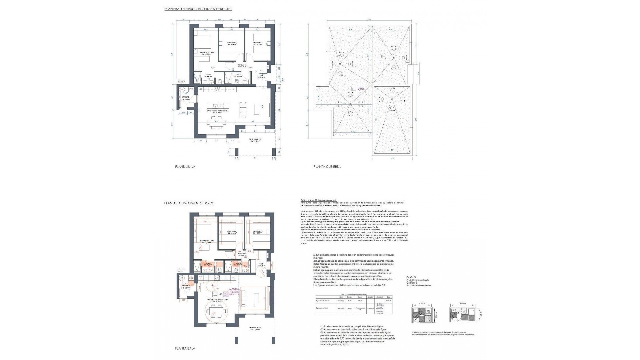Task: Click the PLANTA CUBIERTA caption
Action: point(327,167)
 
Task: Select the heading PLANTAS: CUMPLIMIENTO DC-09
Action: point(188,203)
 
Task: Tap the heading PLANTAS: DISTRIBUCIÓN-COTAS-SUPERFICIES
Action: point(198,9)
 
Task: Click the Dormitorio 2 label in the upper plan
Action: point(232,44)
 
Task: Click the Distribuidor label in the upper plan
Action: point(242,66)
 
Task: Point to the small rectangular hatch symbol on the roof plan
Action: point(353,89)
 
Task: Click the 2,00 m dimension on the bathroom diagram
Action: point(422,304)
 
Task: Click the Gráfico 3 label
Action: point(411,277)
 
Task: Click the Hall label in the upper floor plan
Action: point(262,76)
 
